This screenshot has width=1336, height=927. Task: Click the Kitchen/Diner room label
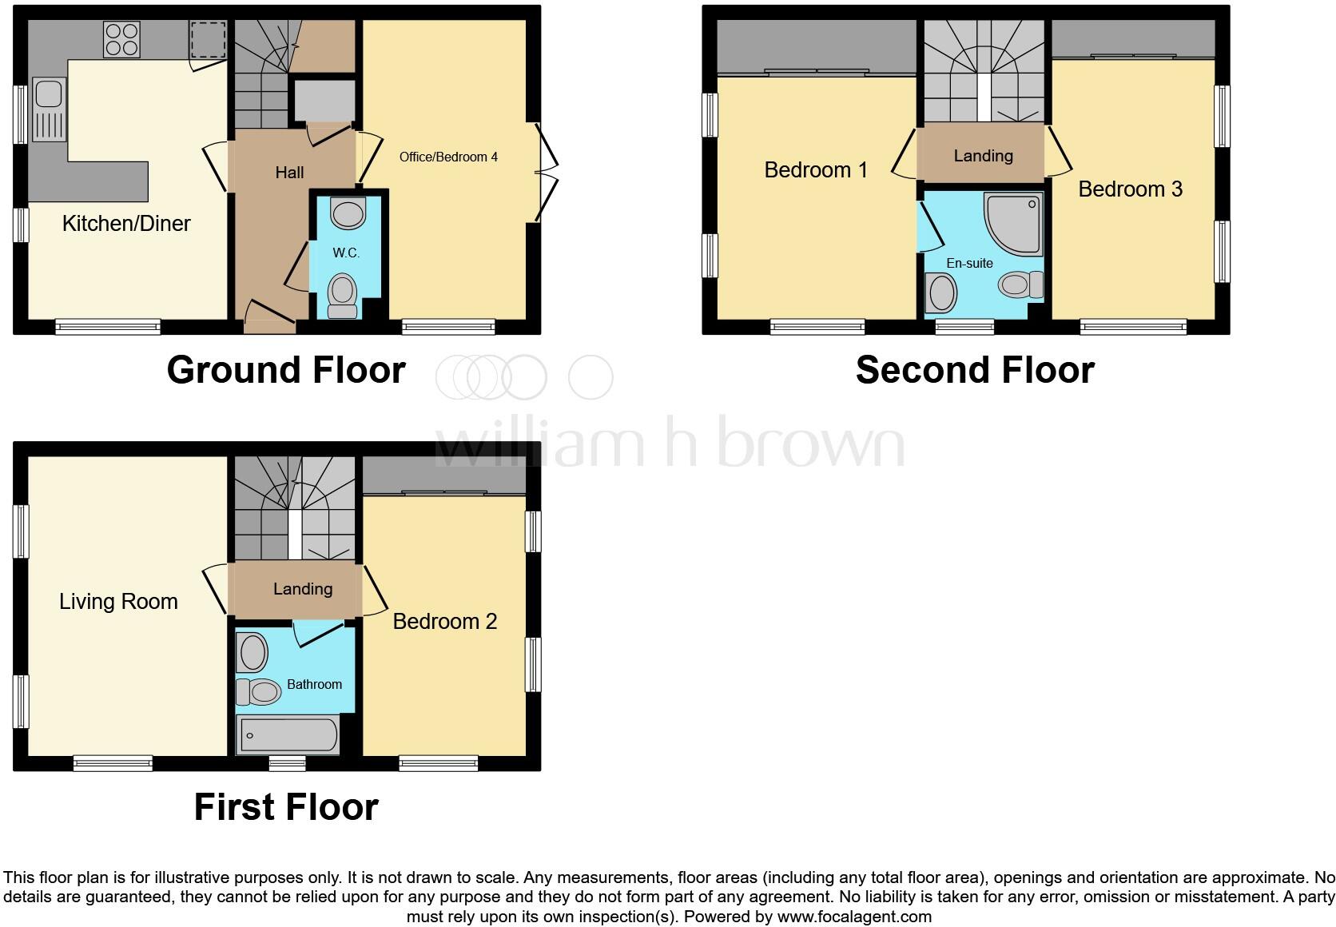point(126,223)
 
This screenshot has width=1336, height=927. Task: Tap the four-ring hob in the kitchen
point(121,39)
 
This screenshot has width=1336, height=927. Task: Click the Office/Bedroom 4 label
point(448,157)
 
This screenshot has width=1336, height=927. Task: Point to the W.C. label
point(346,253)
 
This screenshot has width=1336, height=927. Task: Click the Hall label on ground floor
point(289,172)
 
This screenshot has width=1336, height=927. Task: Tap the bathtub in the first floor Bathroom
point(288,734)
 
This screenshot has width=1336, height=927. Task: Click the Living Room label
point(118,601)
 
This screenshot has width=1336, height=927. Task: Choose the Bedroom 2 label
point(445,621)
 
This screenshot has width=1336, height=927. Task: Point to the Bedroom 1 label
point(816,169)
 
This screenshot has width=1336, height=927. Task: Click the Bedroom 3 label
point(1130,189)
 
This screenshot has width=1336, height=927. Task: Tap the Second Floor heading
point(975,370)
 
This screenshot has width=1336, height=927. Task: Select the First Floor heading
point(286,807)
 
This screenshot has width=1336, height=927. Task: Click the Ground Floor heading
point(286,370)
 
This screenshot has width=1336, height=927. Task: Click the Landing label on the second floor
point(983,156)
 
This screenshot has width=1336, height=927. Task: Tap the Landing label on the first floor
point(303,589)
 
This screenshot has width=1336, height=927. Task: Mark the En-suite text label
point(969,263)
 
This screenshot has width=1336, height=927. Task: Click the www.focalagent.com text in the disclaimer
point(854,917)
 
